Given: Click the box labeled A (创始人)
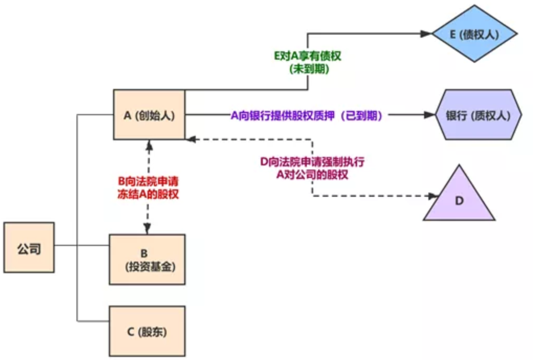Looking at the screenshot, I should pyautogui.click(x=149, y=115).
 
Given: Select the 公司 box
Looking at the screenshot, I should pyautogui.click(x=29, y=248).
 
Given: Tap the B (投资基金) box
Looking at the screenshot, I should pyautogui.click(x=147, y=259).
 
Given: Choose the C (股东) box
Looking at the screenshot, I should pyautogui.click(x=147, y=331).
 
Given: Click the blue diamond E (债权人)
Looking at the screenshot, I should pyautogui.click(x=474, y=34).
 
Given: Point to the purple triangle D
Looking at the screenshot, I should pyautogui.click(x=459, y=199).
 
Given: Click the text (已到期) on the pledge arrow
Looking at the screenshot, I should pyautogui.click(x=361, y=116).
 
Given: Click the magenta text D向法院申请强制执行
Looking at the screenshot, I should pyautogui.click(x=312, y=162).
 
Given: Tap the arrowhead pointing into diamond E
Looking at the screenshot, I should pyautogui.click(x=426, y=34).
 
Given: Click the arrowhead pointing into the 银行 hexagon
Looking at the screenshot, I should pyautogui.click(x=430, y=115).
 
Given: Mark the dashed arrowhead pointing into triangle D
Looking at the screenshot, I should pyautogui.click(x=432, y=196).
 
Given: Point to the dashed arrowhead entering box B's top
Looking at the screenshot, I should pyautogui.click(x=148, y=229).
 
